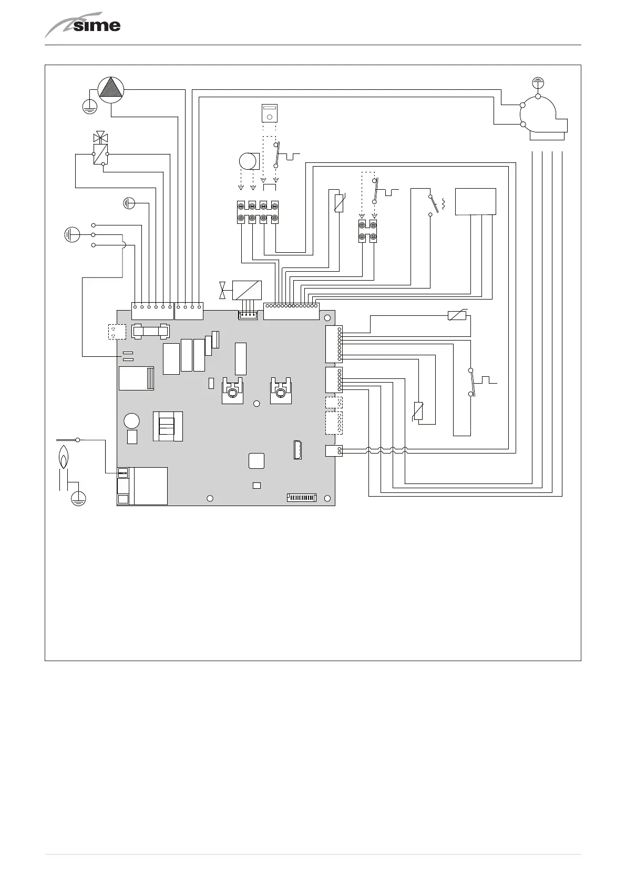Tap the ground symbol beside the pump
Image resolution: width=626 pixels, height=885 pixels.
coord(90,107)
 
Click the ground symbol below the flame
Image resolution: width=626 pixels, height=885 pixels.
coord(78,498)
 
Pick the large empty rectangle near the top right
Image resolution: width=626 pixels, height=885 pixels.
coord(475,201)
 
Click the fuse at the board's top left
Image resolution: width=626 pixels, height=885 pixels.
coord(150,332)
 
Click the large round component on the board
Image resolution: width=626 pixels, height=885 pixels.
coord(132,421)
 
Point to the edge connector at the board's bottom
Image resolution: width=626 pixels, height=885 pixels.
coord(302,497)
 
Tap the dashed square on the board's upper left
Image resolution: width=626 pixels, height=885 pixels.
coord(117,332)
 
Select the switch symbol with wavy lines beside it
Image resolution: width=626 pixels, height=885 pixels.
coord(433,204)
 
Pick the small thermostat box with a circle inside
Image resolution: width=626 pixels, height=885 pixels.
coord(270,113)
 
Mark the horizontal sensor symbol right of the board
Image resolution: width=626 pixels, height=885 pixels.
coord(456,316)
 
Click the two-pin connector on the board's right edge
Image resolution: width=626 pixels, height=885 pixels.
coord(334,450)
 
